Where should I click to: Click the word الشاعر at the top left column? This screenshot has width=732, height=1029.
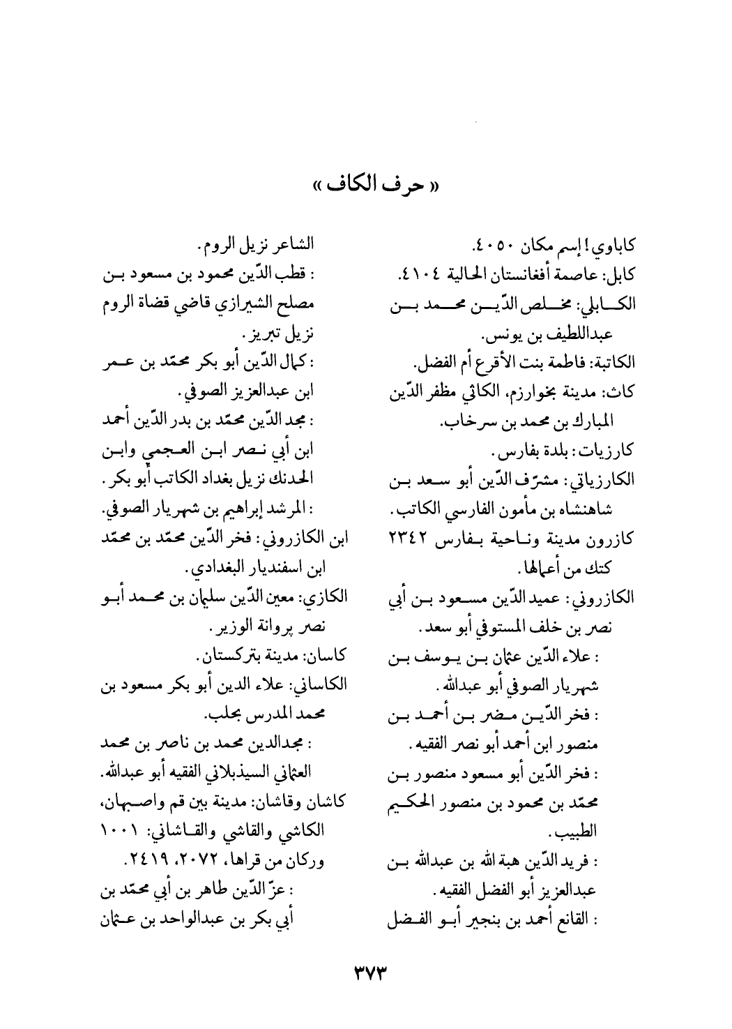[x=293, y=245]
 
